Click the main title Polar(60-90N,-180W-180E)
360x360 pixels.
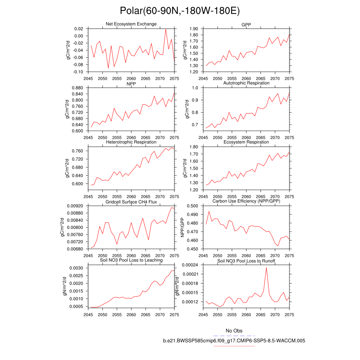pyautogui.click(x=180, y=11)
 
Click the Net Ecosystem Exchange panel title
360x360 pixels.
pyautogui.click(x=131, y=24)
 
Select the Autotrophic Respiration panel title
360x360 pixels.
pyautogui.click(x=246, y=83)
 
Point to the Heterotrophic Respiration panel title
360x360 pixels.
pyautogui.click(x=131, y=142)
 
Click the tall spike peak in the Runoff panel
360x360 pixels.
pyautogui.click(x=266, y=268)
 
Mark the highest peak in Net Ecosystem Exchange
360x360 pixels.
pyautogui.click(x=166, y=29)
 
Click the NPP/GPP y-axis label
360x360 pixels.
pyautogui.click(x=182, y=227)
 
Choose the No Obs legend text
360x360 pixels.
pyautogui.click(x=234, y=331)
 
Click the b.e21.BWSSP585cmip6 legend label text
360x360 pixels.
pyautogui.click(x=234, y=341)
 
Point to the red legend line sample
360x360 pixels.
pyautogui.click(x=234, y=346)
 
